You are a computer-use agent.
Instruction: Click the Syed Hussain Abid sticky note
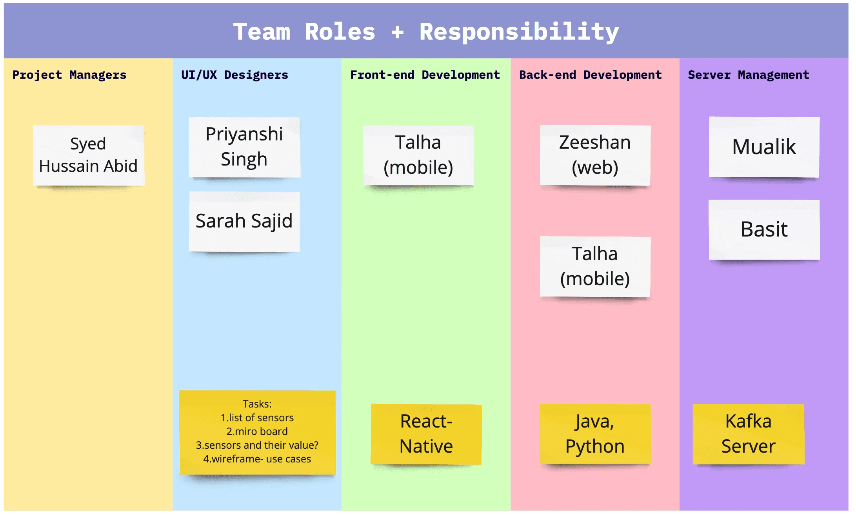click(89, 155)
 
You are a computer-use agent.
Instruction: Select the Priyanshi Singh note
click(244, 147)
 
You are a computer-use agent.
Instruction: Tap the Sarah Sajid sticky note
click(244, 222)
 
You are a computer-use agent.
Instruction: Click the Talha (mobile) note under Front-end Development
click(418, 155)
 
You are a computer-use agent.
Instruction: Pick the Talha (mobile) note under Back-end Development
click(595, 267)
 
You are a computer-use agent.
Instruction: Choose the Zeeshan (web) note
click(595, 155)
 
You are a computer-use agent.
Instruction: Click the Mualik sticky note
click(764, 147)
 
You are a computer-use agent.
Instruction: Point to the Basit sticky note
click(764, 229)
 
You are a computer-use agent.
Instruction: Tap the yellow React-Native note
click(426, 434)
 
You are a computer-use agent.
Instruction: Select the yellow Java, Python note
click(595, 434)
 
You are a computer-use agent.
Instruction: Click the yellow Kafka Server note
click(749, 434)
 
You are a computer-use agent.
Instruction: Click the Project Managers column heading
click(69, 75)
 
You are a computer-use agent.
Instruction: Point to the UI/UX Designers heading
click(234, 75)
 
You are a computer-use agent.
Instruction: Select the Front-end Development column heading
click(425, 75)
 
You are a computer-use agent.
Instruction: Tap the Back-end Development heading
click(591, 75)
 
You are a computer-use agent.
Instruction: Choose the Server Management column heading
click(749, 75)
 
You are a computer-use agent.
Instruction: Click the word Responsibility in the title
click(519, 32)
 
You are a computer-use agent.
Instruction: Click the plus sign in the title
click(397, 32)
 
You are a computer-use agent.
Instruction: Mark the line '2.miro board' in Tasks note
click(257, 431)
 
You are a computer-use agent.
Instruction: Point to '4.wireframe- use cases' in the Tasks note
click(257, 459)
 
